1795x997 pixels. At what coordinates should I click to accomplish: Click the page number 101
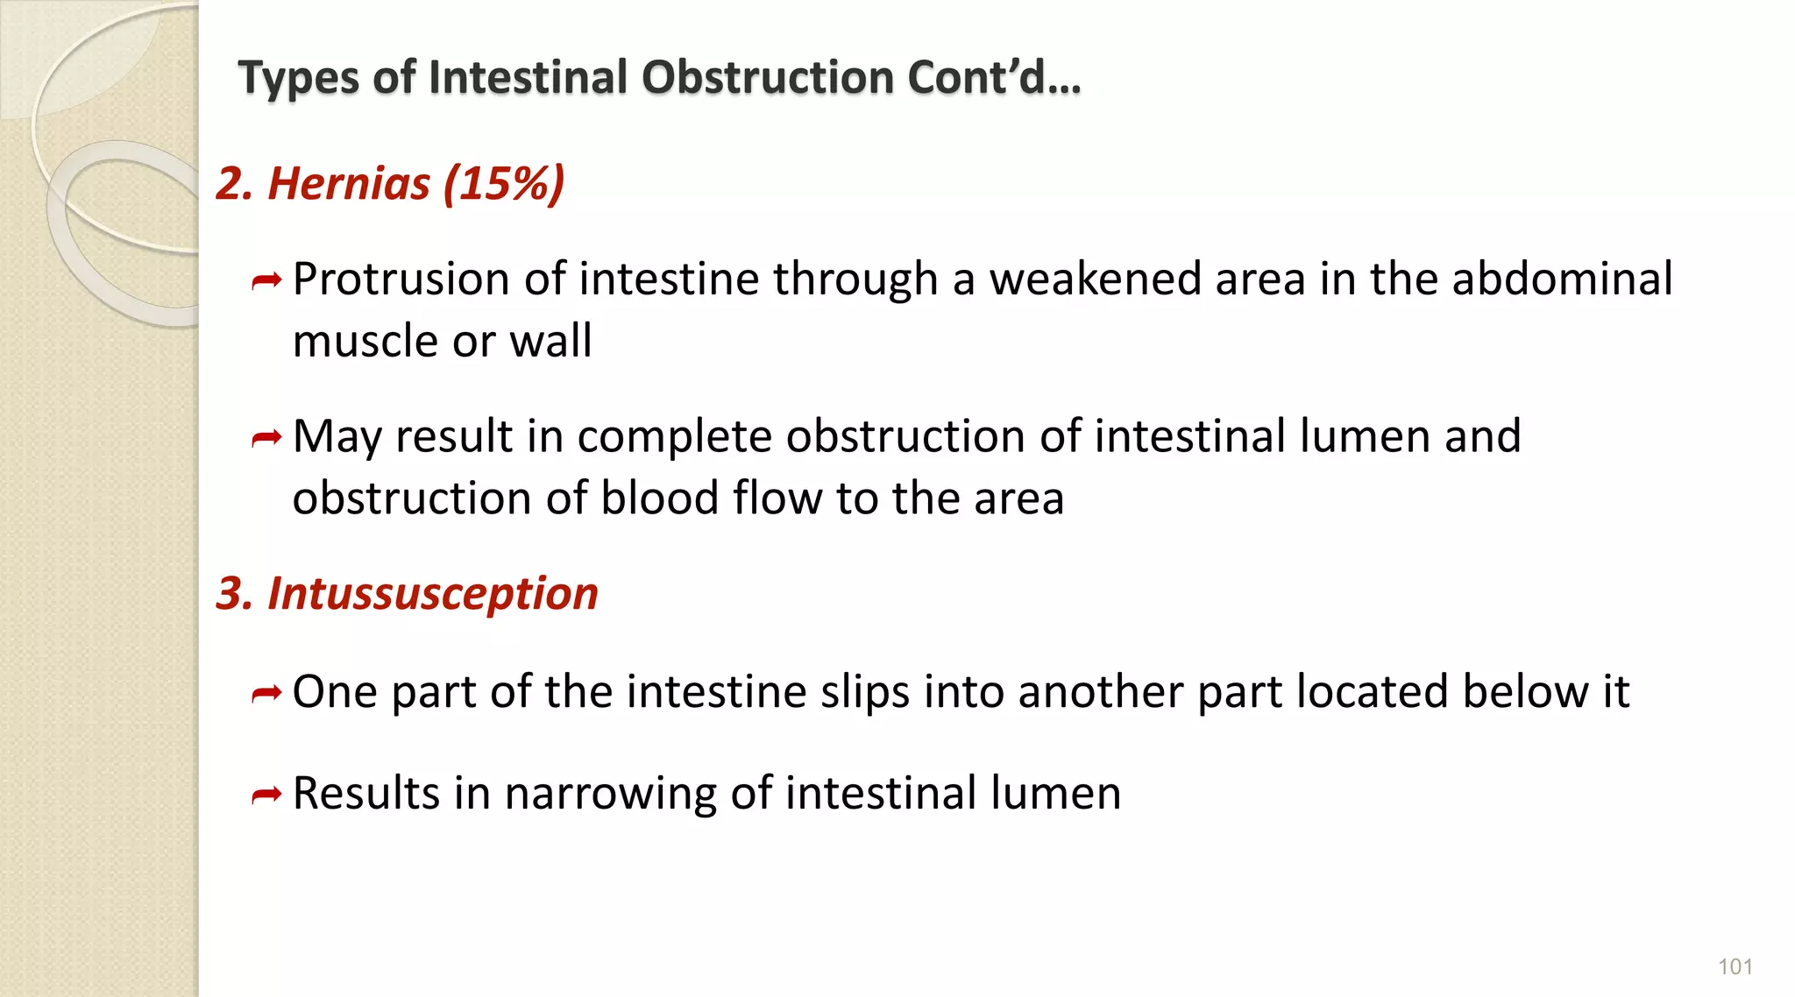(1735, 966)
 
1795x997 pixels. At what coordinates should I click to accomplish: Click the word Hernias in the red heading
(348, 184)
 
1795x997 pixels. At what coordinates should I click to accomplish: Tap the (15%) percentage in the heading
(504, 184)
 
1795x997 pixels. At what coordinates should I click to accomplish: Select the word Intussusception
(432, 594)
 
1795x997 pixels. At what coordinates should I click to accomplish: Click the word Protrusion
(401, 279)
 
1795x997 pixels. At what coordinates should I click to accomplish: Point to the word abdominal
(1562, 279)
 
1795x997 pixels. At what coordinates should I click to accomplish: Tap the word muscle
(365, 341)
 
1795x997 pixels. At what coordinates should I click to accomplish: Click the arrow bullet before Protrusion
(266, 281)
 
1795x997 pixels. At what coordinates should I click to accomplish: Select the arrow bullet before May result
(266, 438)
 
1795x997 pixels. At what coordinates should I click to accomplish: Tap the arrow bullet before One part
(266, 694)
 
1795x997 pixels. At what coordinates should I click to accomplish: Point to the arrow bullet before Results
(266, 795)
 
